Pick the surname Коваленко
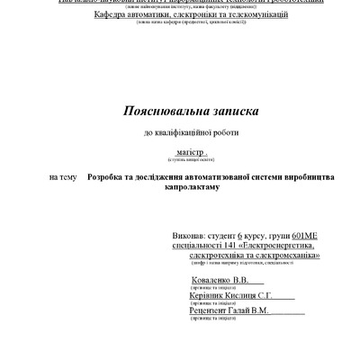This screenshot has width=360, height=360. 193,281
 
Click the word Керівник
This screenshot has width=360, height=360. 187,296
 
